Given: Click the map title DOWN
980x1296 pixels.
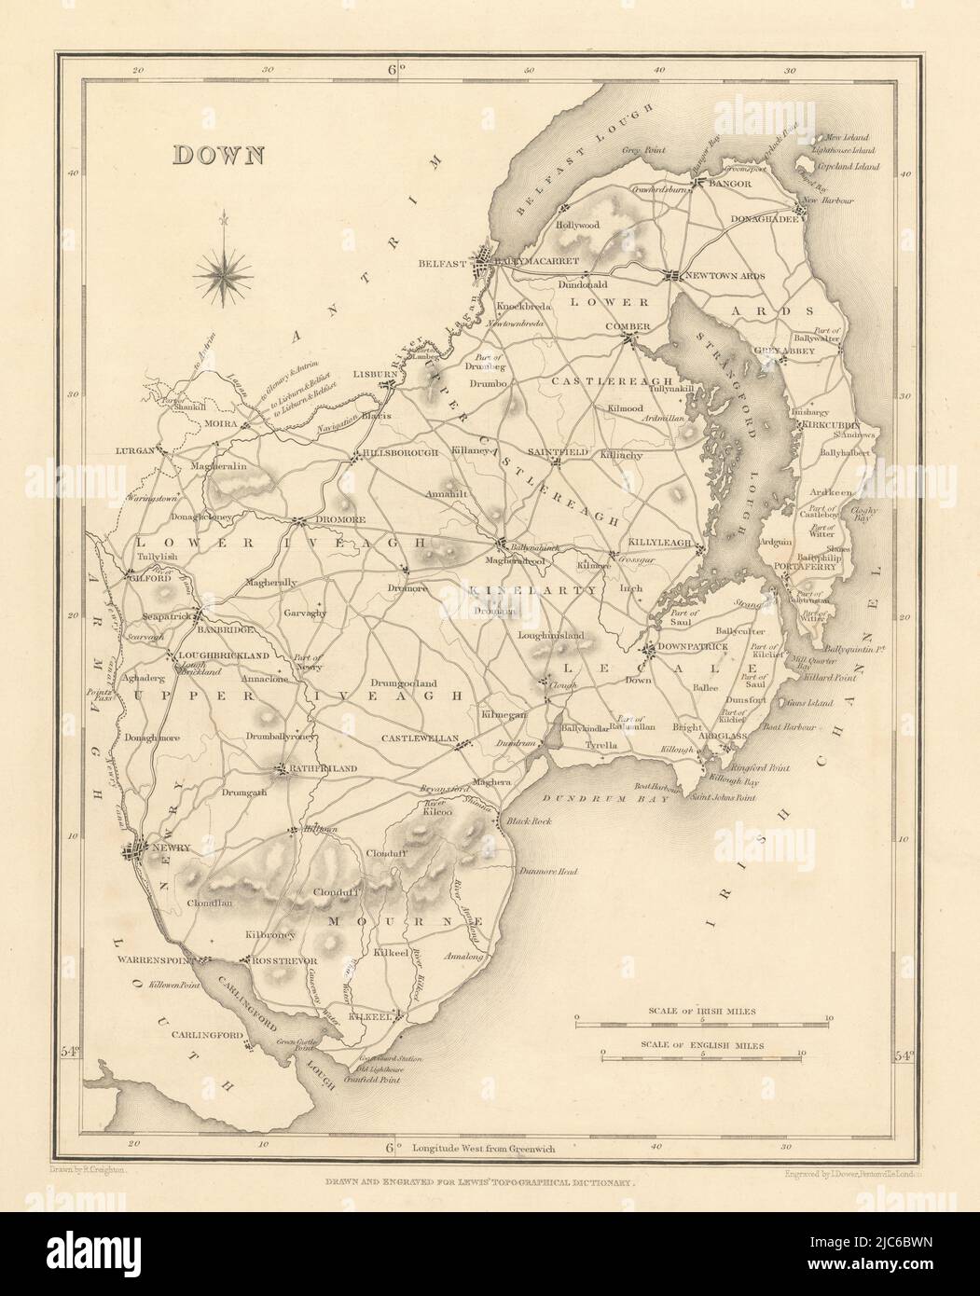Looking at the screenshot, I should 217,155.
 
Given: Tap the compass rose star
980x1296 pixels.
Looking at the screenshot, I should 224,273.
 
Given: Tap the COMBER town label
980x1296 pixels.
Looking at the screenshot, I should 628,326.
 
